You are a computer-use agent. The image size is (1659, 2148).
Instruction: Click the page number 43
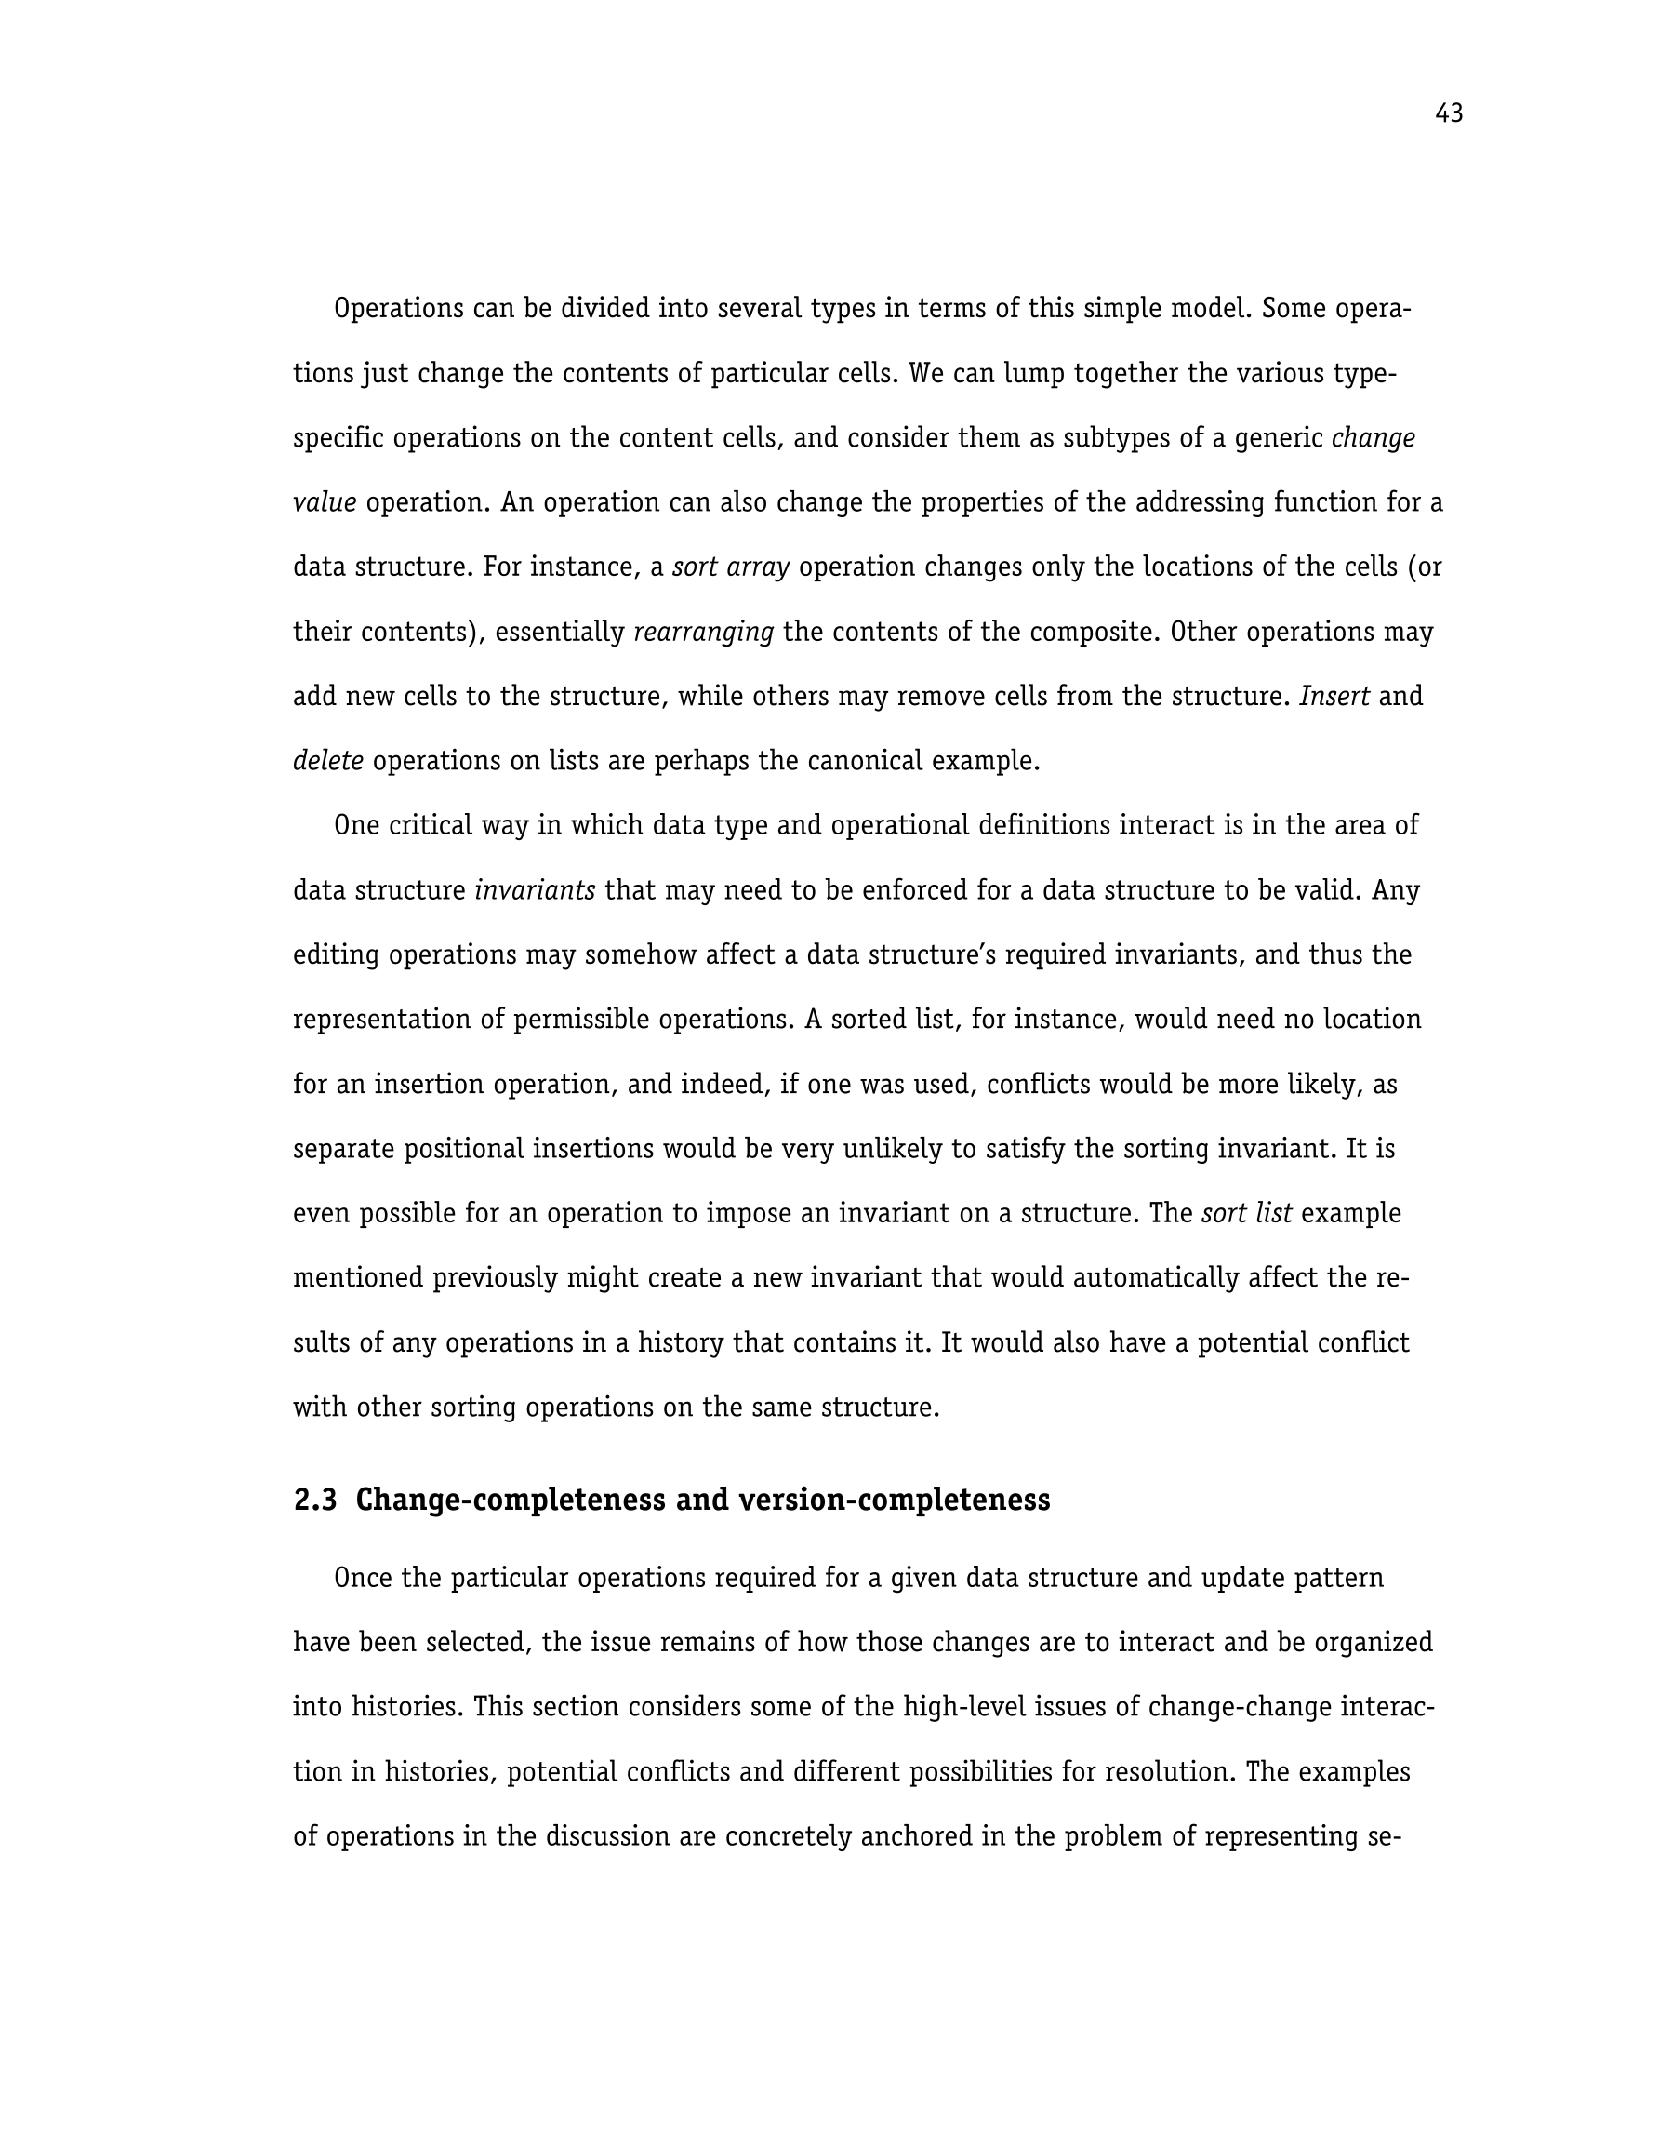point(1449,114)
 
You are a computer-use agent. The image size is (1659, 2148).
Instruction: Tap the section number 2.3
point(314,1500)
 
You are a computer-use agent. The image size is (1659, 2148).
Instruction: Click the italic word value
point(325,502)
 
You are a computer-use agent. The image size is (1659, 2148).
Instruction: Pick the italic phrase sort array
point(731,567)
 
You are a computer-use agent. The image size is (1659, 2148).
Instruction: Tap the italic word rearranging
point(704,633)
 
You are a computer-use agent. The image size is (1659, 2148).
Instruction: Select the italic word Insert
point(1334,698)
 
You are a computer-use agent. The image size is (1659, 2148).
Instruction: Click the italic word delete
point(328,761)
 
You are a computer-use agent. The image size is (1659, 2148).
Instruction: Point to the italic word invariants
point(535,891)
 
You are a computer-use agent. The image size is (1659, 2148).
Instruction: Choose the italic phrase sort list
point(1246,1214)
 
